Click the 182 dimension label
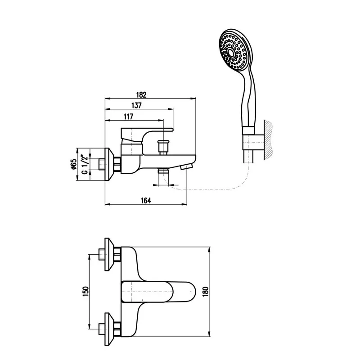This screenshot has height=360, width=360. [141, 94]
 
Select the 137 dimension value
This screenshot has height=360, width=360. [137, 105]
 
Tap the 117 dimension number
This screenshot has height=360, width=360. [129, 117]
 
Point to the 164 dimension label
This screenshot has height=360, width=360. [146, 200]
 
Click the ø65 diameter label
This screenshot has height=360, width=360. [73, 164]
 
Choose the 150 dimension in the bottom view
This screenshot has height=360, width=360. [85, 291]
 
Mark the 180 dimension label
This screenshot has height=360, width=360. [206, 292]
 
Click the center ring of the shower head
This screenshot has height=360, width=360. [231, 53]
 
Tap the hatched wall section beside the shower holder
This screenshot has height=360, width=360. [268, 140]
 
